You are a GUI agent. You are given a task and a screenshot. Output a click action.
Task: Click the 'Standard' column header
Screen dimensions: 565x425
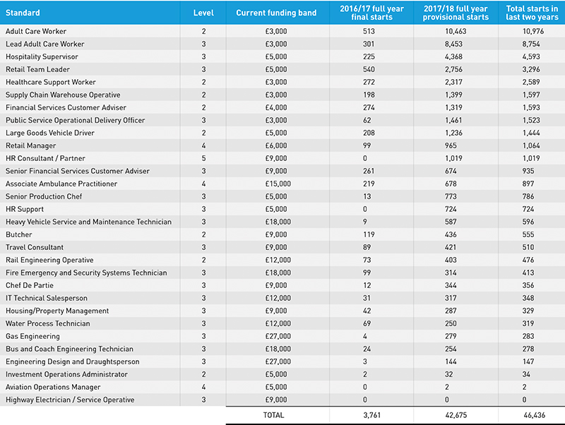click(23, 13)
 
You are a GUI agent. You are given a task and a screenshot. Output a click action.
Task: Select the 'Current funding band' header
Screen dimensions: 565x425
click(276, 13)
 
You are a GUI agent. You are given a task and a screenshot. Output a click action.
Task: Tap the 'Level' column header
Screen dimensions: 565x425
click(203, 13)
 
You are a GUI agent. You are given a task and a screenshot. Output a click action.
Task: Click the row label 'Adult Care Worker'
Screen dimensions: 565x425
click(36, 31)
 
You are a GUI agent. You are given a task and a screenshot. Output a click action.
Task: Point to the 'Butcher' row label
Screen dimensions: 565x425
click(19, 234)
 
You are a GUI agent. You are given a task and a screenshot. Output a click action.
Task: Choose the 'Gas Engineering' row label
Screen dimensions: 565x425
click(32, 336)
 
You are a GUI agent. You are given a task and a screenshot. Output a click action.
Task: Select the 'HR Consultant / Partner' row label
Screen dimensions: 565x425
click(45, 158)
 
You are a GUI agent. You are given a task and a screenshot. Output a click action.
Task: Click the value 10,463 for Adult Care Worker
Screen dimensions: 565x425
click(456, 31)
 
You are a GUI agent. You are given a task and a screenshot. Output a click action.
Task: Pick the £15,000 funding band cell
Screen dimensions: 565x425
click(278, 184)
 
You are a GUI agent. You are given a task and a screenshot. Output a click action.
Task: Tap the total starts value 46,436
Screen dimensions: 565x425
click(535, 415)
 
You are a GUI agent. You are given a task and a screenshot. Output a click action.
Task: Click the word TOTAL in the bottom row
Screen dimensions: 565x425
click(273, 415)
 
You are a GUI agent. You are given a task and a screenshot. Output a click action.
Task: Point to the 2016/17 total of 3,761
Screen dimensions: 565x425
click(372, 415)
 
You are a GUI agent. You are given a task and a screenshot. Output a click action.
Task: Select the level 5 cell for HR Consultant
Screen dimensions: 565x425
click(203, 158)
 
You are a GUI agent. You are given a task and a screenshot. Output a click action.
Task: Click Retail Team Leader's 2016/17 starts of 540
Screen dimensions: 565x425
click(369, 69)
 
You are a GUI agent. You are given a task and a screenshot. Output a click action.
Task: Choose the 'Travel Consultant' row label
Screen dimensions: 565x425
click(35, 247)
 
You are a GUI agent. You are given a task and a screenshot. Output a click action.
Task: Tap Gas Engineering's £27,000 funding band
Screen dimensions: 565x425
click(278, 336)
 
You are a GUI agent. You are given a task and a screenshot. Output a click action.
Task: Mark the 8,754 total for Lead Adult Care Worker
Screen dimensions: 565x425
click(531, 44)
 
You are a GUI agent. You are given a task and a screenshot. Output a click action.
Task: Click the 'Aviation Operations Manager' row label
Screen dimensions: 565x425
click(53, 387)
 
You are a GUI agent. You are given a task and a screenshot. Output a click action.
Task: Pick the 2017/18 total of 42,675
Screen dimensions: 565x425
click(456, 415)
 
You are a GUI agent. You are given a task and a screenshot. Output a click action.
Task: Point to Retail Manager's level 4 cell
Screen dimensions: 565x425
click(203, 146)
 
